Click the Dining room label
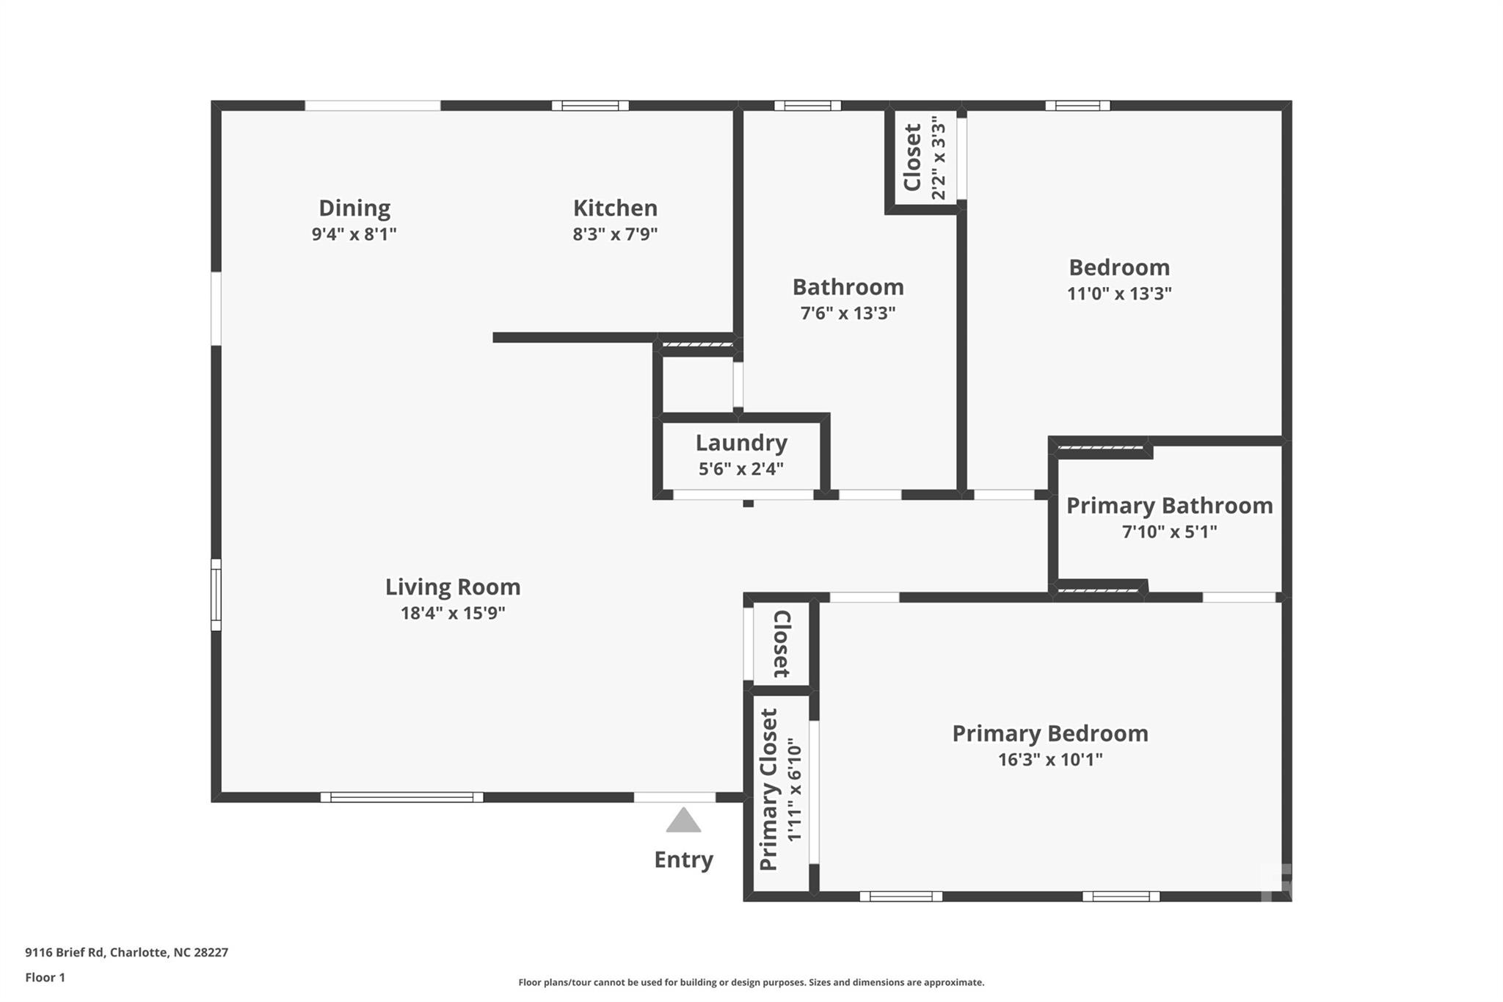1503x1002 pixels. click(354, 208)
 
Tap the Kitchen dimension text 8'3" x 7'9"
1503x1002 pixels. click(615, 235)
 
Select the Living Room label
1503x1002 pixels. click(453, 587)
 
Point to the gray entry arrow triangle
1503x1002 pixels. click(683, 820)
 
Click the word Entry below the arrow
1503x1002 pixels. click(683, 860)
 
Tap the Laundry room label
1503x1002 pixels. click(741, 443)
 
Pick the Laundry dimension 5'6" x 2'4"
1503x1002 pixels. click(741, 469)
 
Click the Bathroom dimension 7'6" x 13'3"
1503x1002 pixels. click(848, 313)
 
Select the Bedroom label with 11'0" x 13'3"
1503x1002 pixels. click(1119, 267)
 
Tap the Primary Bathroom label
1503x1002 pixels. click(1169, 506)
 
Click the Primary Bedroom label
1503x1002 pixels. click(1050, 733)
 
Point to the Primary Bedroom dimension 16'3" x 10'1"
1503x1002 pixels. click(1050, 760)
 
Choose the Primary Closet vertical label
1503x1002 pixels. click(768, 790)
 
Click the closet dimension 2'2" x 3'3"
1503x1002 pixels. click(939, 161)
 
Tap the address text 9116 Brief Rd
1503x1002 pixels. click(65, 953)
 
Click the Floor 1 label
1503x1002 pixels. click(46, 978)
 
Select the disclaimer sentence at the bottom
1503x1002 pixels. click(751, 982)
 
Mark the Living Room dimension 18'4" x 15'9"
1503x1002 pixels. click(453, 613)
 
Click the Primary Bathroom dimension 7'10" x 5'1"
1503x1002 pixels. click(1169, 531)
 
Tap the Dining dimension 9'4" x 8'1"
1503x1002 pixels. click(354, 235)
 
